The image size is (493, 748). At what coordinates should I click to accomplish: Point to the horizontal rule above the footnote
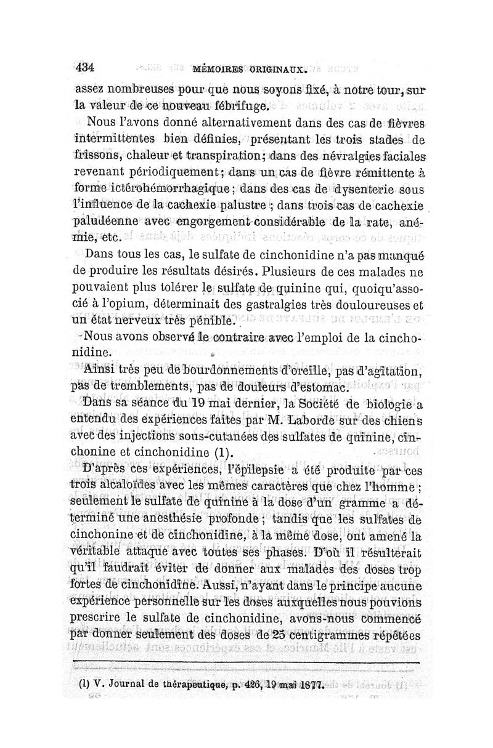pos(246,663)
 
